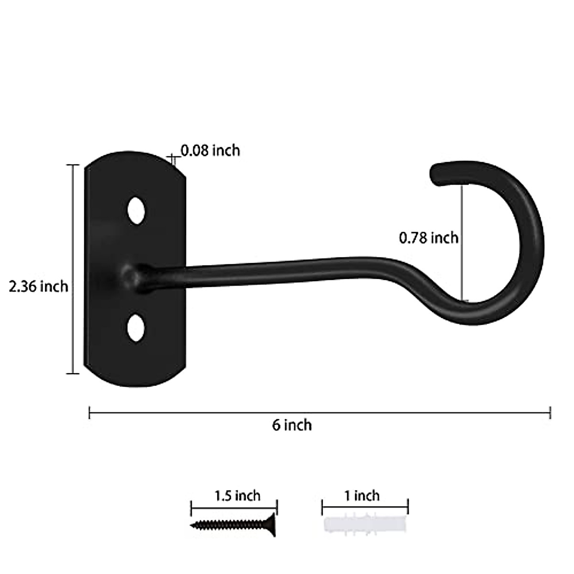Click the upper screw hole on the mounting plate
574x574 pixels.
click(x=136, y=210)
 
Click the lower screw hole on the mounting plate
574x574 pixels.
click(x=136, y=328)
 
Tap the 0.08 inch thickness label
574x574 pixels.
click(x=210, y=151)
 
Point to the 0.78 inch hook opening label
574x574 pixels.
click(x=429, y=237)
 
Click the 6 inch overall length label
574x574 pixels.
click(x=292, y=425)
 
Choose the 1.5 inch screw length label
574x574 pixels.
click(x=238, y=496)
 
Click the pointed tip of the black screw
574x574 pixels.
click(x=192, y=526)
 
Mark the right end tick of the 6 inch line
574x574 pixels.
click(x=551, y=412)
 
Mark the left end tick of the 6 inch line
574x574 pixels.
click(x=89, y=412)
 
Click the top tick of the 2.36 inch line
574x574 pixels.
click(x=73, y=165)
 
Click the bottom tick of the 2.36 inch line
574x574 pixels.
click(x=73, y=373)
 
